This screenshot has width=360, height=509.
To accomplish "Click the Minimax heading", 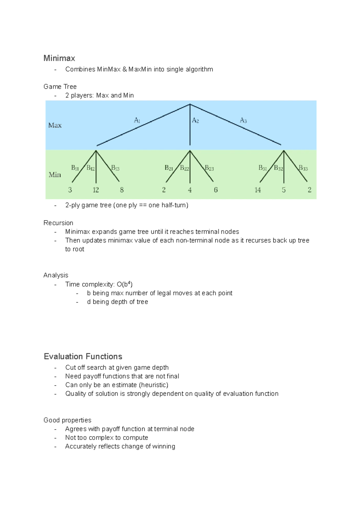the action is click(x=59, y=58).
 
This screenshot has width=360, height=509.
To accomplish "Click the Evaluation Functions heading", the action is click(x=83, y=356).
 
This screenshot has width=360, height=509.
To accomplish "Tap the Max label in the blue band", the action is click(x=55, y=125).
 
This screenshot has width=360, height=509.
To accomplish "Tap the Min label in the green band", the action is click(x=55, y=174).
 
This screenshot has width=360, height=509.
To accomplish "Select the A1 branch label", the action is click(x=137, y=121).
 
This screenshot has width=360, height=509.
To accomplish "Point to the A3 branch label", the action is click(x=243, y=121).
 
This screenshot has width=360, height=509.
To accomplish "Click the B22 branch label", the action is click(x=184, y=168).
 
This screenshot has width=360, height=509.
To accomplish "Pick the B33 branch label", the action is click(x=303, y=168).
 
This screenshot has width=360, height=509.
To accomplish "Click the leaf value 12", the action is click(x=96, y=190).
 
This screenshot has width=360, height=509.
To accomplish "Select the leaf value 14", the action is click(x=258, y=190).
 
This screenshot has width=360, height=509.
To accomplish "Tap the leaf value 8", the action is click(x=122, y=190).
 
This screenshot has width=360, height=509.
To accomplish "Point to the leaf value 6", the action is click(x=216, y=190).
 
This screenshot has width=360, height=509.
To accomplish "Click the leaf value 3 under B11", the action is click(x=70, y=190).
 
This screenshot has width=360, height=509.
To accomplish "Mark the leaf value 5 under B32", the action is click(x=284, y=190).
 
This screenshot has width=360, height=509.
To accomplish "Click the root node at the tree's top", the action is click(x=190, y=104).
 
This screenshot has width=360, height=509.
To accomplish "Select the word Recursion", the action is click(x=58, y=223).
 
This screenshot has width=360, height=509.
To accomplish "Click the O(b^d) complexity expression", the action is click(x=124, y=284).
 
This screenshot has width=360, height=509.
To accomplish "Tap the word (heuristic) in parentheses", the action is click(x=154, y=385).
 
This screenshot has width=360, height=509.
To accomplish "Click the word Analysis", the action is click(x=56, y=275).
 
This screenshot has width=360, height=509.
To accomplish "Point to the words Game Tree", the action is click(x=60, y=87).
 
